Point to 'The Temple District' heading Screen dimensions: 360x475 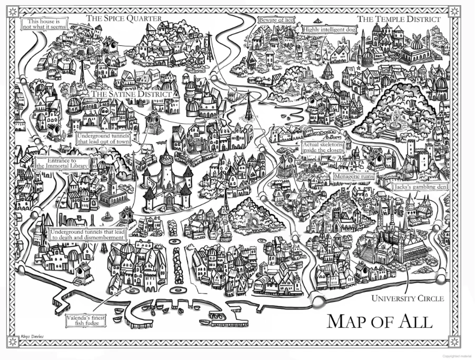(399, 19)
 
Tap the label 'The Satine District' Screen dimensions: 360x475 (132, 94)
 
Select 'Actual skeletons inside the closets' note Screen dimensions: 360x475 (323, 148)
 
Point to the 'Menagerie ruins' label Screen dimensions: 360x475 (354, 177)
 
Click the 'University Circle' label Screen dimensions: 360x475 (408, 299)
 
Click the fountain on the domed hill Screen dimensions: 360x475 (395, 121)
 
